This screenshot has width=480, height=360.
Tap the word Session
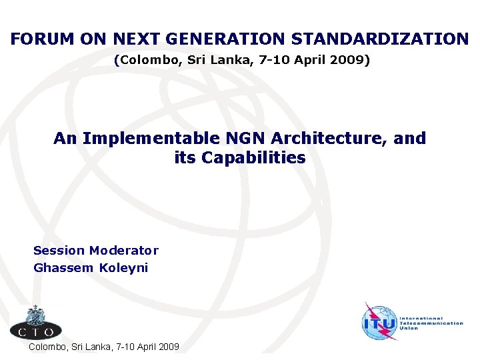[59, 251]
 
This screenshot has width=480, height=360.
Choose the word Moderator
[124, 251]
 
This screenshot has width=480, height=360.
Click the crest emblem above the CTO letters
[35, 314]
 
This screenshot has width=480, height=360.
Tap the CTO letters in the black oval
[36, 329]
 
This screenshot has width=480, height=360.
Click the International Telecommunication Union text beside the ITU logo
[431, 323]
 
